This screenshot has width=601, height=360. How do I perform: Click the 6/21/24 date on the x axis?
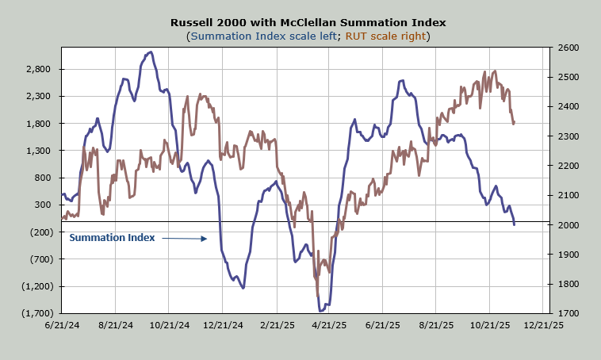click(62, 325)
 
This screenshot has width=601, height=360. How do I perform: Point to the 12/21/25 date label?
click(545, 325)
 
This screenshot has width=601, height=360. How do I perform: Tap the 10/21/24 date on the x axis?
click(169, 325)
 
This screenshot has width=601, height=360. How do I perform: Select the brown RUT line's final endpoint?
click(514, 124)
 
